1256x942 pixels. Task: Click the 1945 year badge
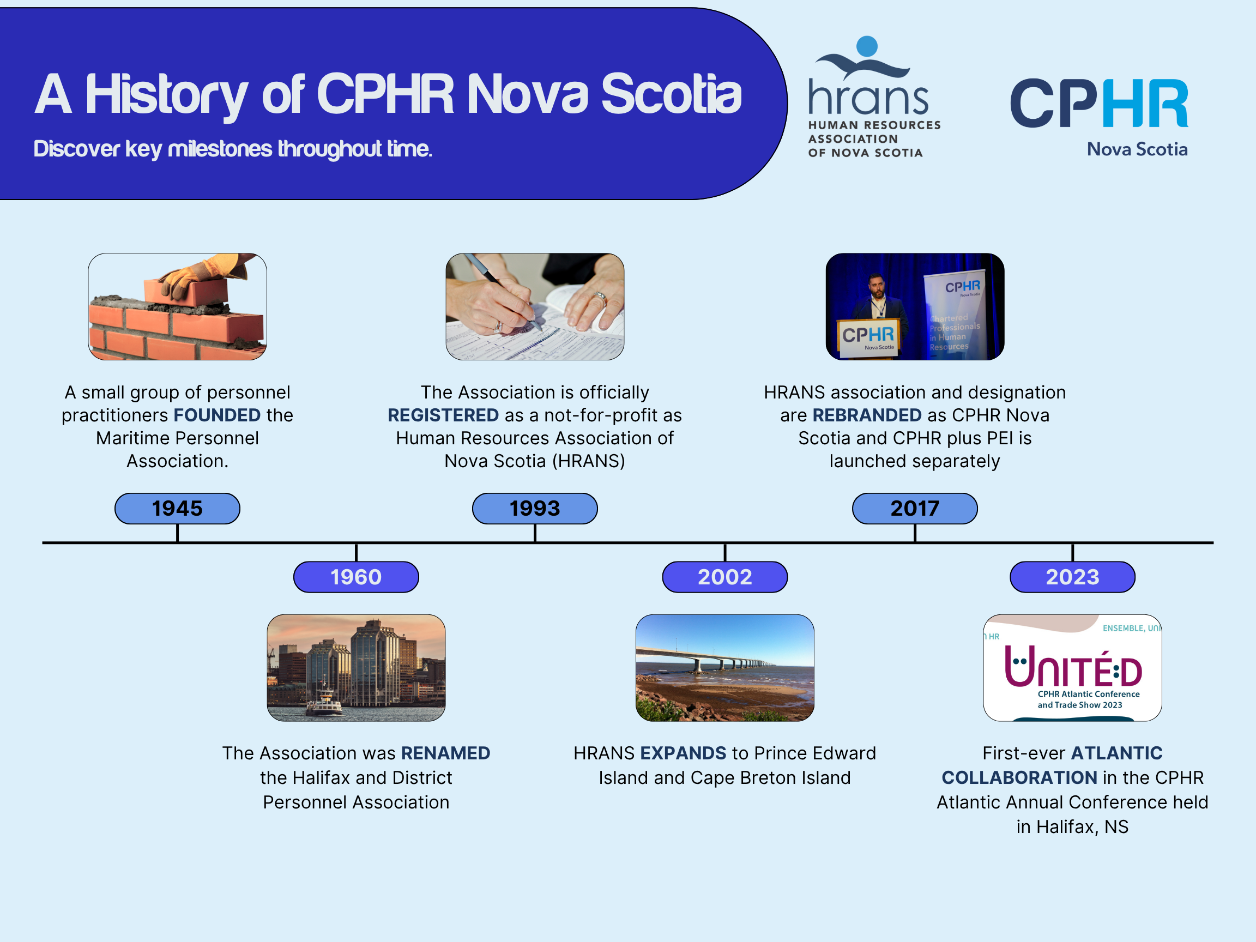(177, 508)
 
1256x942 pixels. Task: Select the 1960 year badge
(356, 577)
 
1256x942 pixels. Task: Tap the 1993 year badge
(534, 508)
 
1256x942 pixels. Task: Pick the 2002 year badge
(724, 577)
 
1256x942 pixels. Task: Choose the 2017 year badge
(914, 508)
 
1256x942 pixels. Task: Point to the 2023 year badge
(1072, 577)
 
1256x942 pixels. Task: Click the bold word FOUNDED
(217, 415)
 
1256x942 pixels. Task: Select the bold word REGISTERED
(443, 415)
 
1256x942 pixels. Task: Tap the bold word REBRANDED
(866, 415)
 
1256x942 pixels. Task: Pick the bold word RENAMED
(445, 753)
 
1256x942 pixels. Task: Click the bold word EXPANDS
(683, 753)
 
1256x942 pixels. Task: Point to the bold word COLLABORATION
(1019, 777)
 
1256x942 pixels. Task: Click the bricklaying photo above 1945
(177, 306)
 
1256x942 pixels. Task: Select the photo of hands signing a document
(534, 306)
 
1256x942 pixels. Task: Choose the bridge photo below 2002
(724, 668)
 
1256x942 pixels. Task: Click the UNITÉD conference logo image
(1072, 668)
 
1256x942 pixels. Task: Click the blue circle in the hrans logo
(866, 46)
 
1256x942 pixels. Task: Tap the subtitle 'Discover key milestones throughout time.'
(233, 149)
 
